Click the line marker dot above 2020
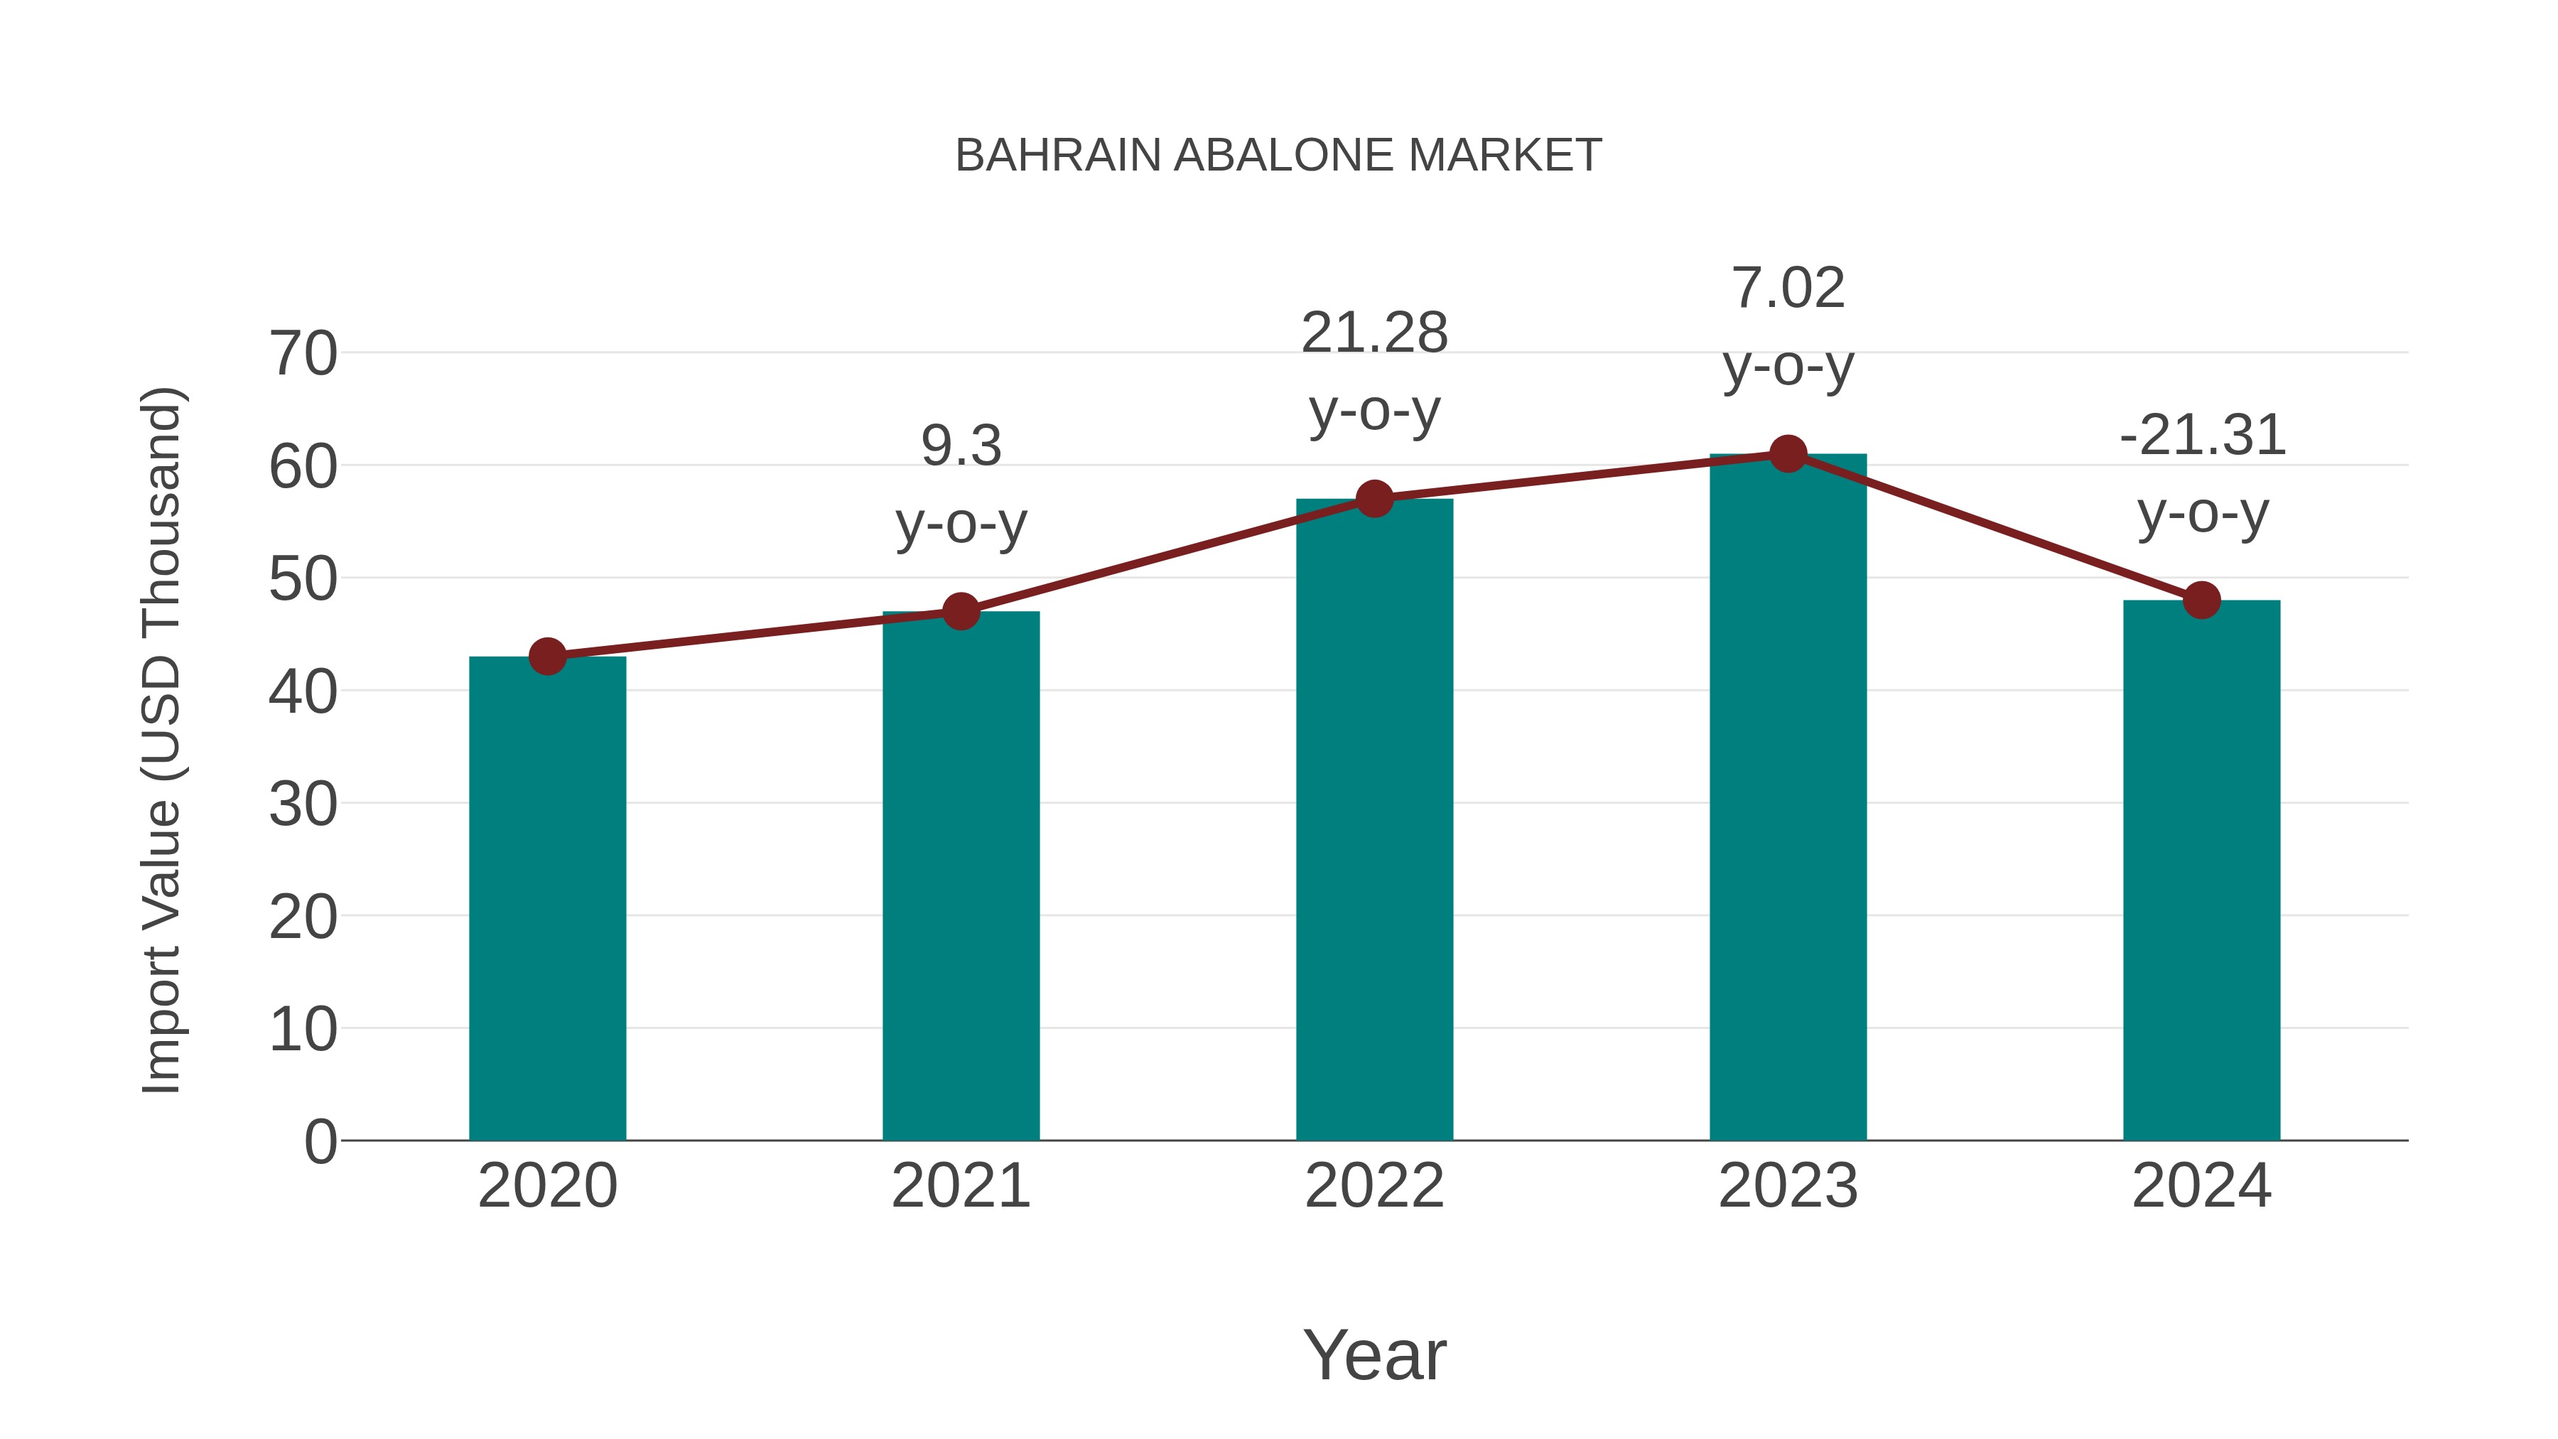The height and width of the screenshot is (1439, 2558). [547, 657]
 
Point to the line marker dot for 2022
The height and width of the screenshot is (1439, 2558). [1374, 499]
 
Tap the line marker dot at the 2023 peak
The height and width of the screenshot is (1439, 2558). [1788, 454]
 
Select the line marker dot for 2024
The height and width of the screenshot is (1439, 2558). [2201, 600]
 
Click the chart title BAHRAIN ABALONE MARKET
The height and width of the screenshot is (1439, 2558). [1278, 155]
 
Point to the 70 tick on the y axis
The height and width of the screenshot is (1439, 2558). [303, 354]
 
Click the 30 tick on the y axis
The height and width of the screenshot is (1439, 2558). [303, 804]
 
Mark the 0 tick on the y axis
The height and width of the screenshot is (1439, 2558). [320, 1141]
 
